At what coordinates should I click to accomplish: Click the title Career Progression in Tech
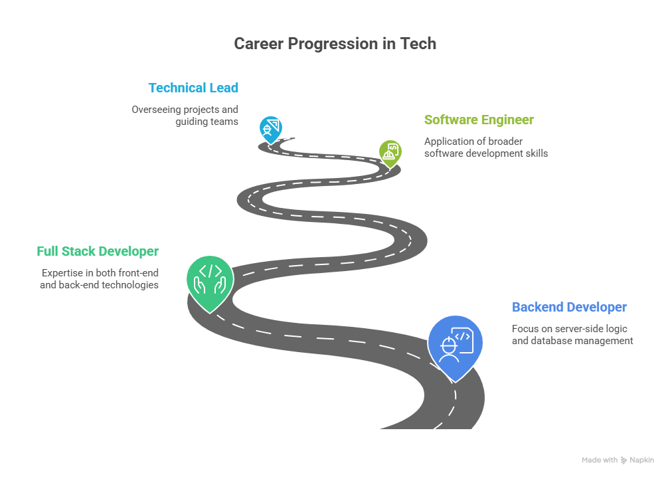(x=335, y=44)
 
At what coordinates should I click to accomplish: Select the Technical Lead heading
(x=193, y=88)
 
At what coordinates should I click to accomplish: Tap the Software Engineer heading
(x=479, y=120)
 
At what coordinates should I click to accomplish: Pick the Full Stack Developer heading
(x=98, y=252)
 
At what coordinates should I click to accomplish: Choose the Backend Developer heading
(x=569, y=308)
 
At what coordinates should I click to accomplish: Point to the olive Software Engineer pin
(x=390, y=152)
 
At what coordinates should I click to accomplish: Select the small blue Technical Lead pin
(x=270, y=128)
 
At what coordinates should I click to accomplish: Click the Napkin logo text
(x=641, y=460)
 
